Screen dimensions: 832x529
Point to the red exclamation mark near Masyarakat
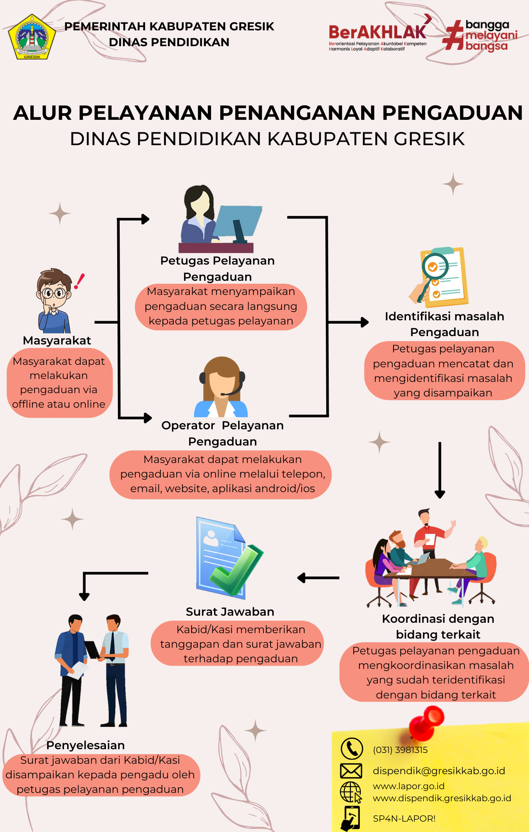pos(79,281)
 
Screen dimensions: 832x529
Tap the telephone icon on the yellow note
pos(352,749)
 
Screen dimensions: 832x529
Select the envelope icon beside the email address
pos(351,771)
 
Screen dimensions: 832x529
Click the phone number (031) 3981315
pos(400,750)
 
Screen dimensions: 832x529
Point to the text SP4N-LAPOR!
pos(404,819)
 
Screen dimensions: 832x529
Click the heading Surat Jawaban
pos(230,612)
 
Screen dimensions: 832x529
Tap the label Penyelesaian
pos(85,745)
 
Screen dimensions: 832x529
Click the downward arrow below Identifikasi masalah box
pos(440,470)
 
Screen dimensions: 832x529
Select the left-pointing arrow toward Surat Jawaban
pos(318,578)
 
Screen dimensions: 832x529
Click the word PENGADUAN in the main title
pos(452,113)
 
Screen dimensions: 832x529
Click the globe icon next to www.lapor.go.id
pos(351,792)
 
